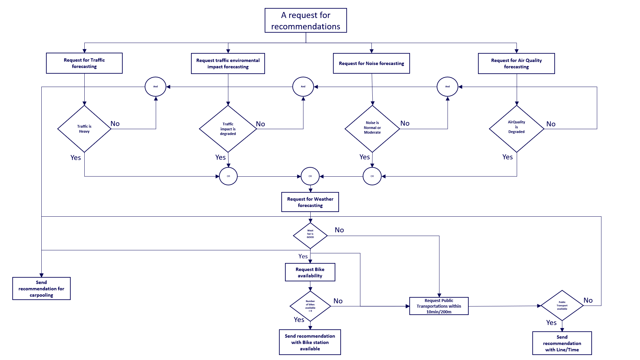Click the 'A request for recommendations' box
[306, 20]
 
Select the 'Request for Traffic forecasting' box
[84, 63]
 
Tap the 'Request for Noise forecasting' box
[371, 63]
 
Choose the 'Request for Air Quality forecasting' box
[516, 63]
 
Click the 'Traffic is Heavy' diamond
[84, 129]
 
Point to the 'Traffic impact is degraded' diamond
[228, 129]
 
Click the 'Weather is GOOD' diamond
[310, 235]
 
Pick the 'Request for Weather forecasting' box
[310, 202]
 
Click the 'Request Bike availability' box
[310, 272]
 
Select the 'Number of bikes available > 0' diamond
[310, 306]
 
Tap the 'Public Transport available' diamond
[562, 305]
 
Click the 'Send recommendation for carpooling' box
[41, 288]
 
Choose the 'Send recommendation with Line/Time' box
[562, 343]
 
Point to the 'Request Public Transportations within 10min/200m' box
[439, 306]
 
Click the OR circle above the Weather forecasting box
[310, 176]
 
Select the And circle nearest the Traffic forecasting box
[155, 87]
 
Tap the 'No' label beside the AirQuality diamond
[551, 124]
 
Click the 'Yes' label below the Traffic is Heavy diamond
[76, 158]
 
